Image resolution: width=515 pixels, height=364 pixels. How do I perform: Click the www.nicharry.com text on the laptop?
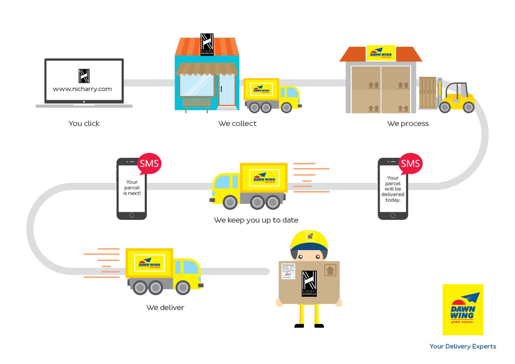pyautogui.click(x=82, y=89)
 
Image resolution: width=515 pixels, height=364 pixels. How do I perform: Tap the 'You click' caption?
pyautogui.click(x=84, y=124)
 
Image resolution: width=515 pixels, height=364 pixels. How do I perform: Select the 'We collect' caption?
pyautogui.click(x=237, y=124)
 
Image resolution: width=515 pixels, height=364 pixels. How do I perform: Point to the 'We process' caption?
pyautogui.click(x=408, y=124)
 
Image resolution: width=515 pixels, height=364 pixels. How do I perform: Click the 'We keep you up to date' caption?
pyautogui.click(x=256, y=220)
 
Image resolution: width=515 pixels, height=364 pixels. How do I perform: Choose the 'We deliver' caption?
pyautogui.click(x=165, y=307)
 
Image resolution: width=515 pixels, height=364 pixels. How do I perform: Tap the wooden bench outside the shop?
pyautogui.click(x=197, y=105)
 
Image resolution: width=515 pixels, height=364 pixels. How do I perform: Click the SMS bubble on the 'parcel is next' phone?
pyautogui.click(x=149, y=164)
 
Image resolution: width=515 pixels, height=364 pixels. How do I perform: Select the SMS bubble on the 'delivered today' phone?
pyautogui.click(x=411, y=164)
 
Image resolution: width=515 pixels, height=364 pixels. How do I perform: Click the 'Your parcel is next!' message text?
pyautogui.click(x=132, y=187)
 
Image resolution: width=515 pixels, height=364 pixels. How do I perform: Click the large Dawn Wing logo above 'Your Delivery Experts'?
pyautogui.click(x=463, y=309)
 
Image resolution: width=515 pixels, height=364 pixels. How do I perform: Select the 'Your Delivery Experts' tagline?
pyautogui.click(x=463, y=347)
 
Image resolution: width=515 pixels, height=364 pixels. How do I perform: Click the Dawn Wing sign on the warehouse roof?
pyautogui.click(x=381, y=53)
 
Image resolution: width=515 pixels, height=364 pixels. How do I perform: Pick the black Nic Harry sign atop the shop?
pyautogui.click(x=207, y=44)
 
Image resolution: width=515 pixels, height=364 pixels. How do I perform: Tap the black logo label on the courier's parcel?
pyautogui.click(x=309, y=283)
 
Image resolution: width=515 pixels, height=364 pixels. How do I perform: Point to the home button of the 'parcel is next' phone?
pyautogui.click(x=132, y=216)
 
